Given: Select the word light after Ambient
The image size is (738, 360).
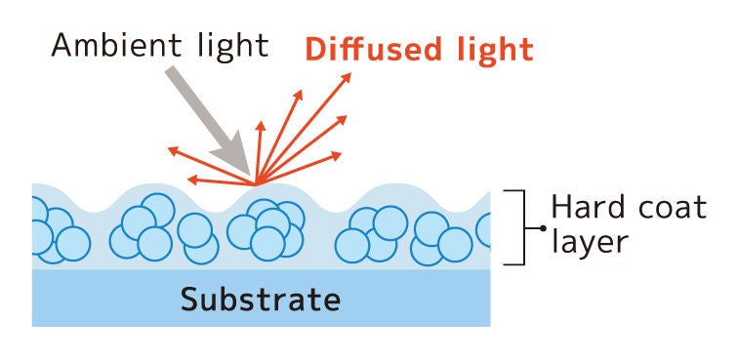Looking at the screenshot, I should (233, 46).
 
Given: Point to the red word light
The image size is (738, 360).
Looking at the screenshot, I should (485, 48).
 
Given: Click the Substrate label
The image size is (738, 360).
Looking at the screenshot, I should (261, 299).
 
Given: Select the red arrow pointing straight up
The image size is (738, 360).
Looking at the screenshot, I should (260, 146).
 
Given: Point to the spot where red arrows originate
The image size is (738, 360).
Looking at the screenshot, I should (257, 183).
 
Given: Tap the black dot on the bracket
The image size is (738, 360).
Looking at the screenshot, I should (542, 228).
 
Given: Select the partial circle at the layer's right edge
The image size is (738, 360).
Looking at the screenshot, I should (484, 230).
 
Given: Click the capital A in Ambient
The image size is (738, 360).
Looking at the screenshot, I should (63, 46).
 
